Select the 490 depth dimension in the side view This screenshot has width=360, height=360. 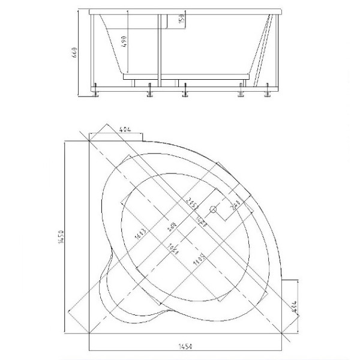pyautogui.click(x=124, y=41)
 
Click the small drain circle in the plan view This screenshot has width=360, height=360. pyautogui.click(x=212, y=209)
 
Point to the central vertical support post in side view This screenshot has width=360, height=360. pyautogui.click(x=158, y=48)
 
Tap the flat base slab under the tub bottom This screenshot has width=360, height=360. pyautogui.click(x=186, y=77)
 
